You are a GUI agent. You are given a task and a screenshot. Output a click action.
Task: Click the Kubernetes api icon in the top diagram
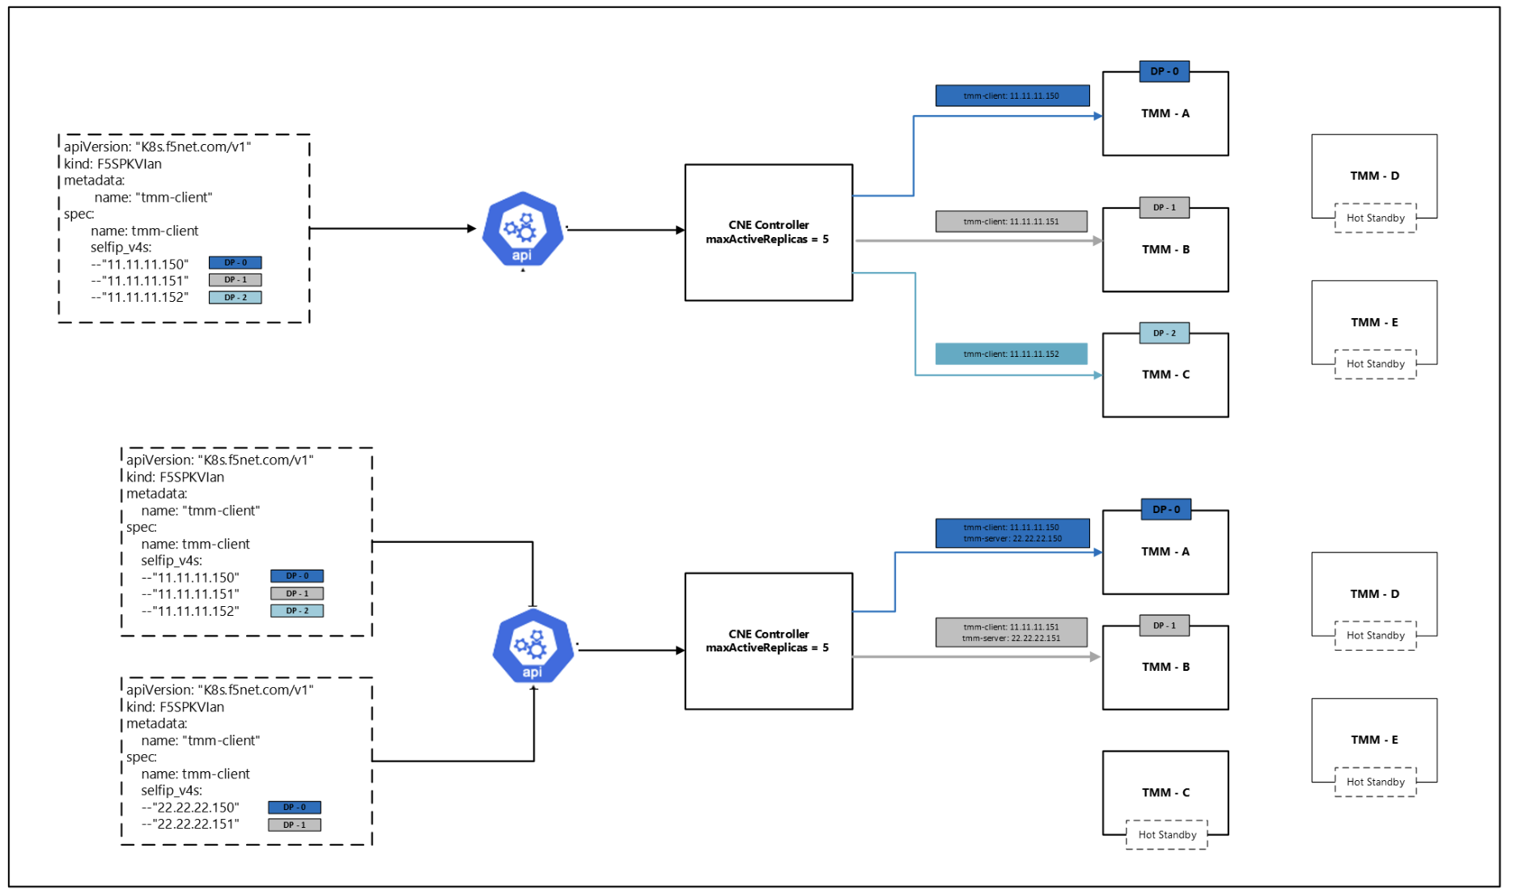pos(522,229)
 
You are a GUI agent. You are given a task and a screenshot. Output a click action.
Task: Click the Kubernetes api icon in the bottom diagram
pos(533,647)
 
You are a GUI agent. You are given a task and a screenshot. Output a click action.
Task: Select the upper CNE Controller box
pos(768,232)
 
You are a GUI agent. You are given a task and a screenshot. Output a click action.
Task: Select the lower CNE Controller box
pos(768,641)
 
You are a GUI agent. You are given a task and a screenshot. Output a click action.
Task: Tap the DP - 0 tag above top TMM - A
pos(1165,71)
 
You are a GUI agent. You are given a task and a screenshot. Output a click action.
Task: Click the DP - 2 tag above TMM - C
pos(1165,333)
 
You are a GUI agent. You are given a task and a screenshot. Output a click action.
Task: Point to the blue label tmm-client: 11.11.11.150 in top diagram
pos(1012,95)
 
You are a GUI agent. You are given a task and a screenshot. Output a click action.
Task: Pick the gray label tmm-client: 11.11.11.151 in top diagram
pos(1011,221)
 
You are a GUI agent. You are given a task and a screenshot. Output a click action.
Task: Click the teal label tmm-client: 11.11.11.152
pos(1011,354)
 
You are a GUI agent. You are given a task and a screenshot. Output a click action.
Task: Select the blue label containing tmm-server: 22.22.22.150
pos(1012,533)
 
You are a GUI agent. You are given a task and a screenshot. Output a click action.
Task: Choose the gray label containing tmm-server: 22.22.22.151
pos(1011,632)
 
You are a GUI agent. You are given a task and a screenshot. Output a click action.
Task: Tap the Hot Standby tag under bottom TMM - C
pos(1167,834)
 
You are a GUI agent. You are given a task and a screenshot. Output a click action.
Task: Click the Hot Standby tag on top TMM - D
pos(1375,218)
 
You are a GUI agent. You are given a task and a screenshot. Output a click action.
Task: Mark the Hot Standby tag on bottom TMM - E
pos(1375,782)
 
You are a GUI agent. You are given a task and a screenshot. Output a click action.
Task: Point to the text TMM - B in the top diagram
pos(1165,249)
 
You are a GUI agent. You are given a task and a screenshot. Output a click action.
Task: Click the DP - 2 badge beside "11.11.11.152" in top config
pos(235,297)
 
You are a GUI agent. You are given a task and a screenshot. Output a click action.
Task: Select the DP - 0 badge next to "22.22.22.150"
pos(295,807)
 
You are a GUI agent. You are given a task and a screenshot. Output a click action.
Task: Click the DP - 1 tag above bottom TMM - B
pos(1165,626)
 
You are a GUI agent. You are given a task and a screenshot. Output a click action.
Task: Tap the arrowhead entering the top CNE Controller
pos(681,230)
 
